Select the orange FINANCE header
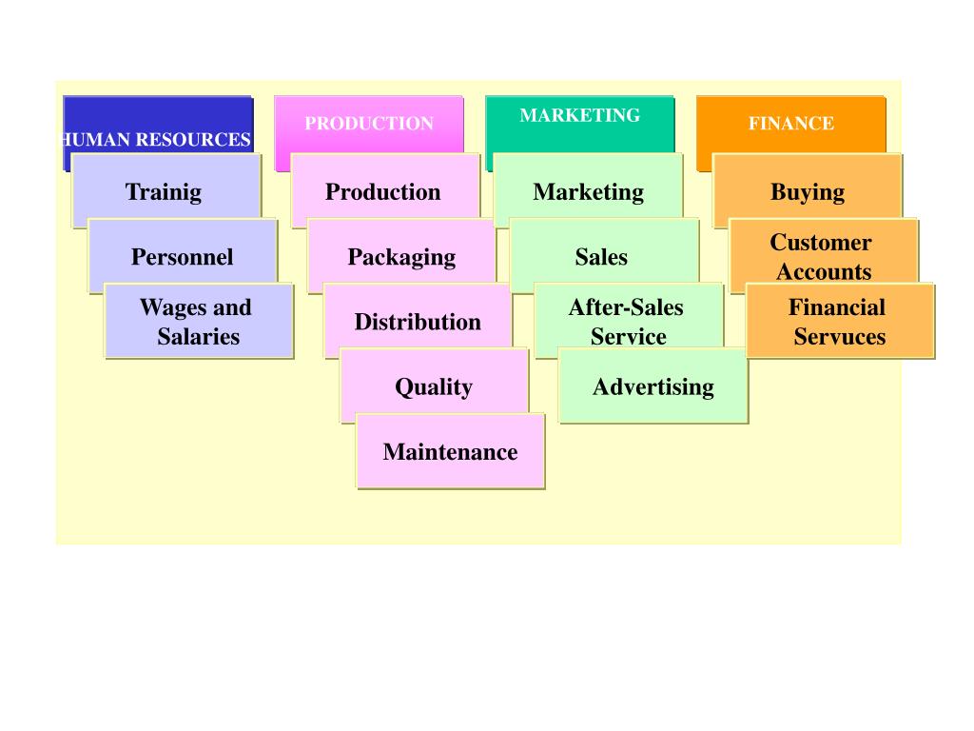point(790,124)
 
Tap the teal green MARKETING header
point(579,119)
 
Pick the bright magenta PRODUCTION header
point(369,124)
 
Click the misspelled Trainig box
point(164,191)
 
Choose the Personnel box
point(182,256)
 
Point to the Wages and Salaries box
point(198,322)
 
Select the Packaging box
point(400,256)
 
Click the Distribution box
point(418,322)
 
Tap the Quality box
point(434,386)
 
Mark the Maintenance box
point(450,451)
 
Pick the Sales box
point(601,256)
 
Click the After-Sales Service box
point(627,322)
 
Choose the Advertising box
point(653,386)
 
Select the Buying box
point(807,191)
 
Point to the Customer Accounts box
point(823,256)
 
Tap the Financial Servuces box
point(839,322)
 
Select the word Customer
point(821,243)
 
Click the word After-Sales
point(626,307)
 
